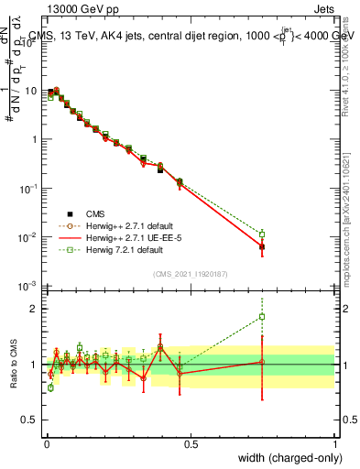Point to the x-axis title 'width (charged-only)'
point(285,459)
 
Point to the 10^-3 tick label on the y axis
point(27,286)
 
